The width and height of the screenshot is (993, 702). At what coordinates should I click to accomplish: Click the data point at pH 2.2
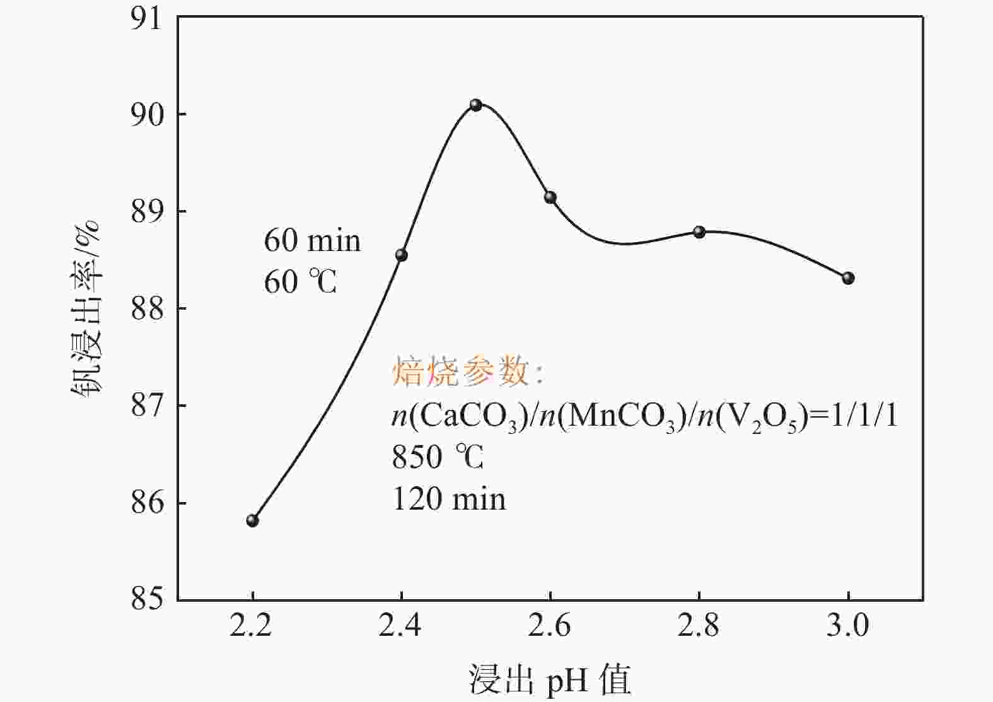click(253, 520)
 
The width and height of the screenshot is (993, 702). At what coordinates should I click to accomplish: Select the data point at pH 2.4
click(402, 255)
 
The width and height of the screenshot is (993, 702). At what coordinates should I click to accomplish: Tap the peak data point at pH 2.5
click(476, 105)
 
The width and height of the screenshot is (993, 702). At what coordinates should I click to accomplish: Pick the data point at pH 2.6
click(550, 197)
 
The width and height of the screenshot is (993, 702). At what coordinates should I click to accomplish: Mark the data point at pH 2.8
click(699, 231)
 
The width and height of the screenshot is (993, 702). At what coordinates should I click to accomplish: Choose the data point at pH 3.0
click(848, 278)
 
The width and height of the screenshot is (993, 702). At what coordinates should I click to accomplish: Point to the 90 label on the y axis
click(146, 115)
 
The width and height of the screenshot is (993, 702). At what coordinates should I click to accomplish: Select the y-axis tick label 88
click(146, 309)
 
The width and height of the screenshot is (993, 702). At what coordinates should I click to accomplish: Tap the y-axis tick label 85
click(146, 599)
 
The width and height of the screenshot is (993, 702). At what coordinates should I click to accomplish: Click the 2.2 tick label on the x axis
click(252, 626)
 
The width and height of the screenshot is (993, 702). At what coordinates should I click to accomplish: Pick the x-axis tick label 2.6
click(550, 626)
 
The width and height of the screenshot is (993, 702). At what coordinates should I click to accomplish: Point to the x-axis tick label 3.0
click(848, 626)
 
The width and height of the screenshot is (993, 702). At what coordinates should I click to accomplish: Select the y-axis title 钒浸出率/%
click(85, 309)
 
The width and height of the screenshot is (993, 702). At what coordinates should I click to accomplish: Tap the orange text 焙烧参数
click(461, 372)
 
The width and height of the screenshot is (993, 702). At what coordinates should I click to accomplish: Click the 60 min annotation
click(312, 241)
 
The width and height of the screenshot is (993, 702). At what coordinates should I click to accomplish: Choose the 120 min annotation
click(449, 499)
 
